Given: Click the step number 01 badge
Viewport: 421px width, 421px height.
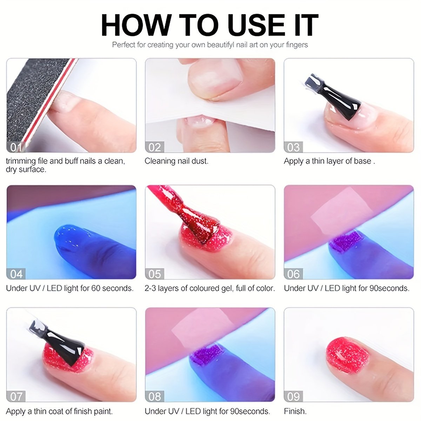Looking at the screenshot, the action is [x=16, y=147].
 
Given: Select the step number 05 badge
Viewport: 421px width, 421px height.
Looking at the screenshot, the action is [x=154, y=274].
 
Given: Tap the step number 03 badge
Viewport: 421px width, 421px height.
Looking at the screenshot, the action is [x=293, y=147].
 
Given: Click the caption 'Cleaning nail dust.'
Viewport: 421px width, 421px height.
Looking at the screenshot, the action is [x=176, y=161].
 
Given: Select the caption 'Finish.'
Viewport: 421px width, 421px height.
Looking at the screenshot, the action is [x=295, y=411].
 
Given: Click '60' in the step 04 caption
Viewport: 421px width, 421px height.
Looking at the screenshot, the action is [x=96, y=288].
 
